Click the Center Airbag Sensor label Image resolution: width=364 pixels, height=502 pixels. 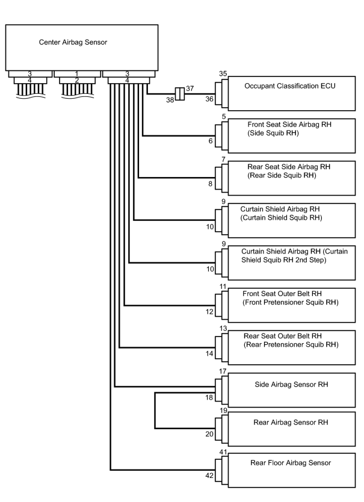pos(73,42)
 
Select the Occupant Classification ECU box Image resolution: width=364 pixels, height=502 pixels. pos(291,93)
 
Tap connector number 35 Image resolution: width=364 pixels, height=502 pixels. pos(223,73)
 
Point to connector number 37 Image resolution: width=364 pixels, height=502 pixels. pos(190,88)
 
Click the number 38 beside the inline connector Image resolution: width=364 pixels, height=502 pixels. pos(170,100)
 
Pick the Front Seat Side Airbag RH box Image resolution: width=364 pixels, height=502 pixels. pos(291,136)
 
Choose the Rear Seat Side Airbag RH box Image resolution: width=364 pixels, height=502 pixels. pos(291,178)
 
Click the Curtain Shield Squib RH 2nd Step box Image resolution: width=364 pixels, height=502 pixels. pos(291,263)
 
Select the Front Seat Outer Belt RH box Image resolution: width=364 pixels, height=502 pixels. pos(291,305)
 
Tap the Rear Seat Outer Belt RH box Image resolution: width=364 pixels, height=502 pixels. pos(291,347)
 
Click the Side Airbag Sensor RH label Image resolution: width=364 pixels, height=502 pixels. pos(291,385)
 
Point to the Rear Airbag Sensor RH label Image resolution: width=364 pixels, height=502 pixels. pos(291,423)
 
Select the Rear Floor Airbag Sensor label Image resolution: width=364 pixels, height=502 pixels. pos(291,463)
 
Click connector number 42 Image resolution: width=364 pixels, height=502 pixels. pos(209,476)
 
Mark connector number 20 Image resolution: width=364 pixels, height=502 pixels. pos(209,434)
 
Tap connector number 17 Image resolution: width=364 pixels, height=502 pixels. pos(223,371)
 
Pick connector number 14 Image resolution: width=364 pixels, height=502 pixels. pos(209,353)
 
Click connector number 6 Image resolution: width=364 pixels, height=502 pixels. pos(211,141)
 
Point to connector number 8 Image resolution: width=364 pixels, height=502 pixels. pos(211,184)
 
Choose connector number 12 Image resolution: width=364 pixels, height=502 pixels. pos(209,312)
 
